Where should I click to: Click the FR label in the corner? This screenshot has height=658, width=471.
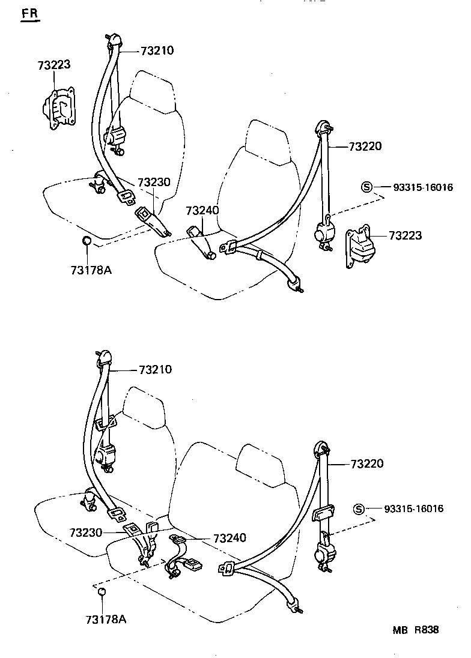29,14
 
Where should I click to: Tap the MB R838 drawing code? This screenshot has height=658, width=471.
416,630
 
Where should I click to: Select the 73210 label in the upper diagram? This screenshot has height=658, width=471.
157,51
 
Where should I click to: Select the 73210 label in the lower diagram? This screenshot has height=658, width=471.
155,369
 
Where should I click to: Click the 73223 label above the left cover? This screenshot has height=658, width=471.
54,65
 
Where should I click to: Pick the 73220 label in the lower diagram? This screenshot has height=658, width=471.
366,463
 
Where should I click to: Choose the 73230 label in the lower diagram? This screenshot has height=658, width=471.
86,532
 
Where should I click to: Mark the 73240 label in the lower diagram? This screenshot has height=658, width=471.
229,538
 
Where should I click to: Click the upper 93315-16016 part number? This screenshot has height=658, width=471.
415,187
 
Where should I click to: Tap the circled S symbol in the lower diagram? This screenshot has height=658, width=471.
359,509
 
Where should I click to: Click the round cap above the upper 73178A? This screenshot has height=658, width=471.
87,241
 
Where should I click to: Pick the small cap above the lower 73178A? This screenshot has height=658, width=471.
102,593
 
